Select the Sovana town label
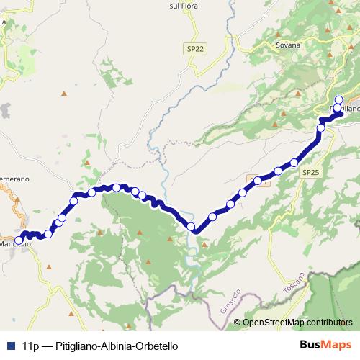(x=287, y=44)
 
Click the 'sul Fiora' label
(x=204, y=6)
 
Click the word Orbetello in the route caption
(x=152, y=346)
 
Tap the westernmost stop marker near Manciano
(x=19, y=240)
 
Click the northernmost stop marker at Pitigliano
(x=340, y=100)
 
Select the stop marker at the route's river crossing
(x=191, y=227)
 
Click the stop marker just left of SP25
(x=294, y=163)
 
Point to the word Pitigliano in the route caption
(x=70, y=346)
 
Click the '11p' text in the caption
(x=30, y=346)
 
